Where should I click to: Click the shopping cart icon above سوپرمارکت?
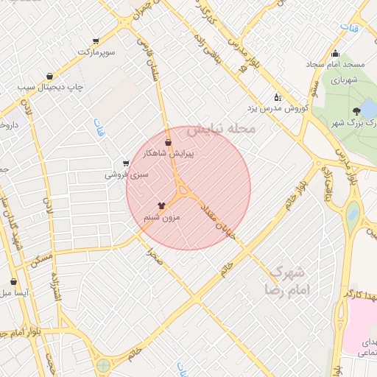pos(96,41)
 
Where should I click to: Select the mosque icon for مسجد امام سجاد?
pos(336,53)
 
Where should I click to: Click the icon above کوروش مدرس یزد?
pos(278,96)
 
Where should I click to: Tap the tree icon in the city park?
pos(357,110)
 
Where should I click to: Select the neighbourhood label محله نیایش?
pos(220,129)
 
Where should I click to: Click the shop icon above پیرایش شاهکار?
pos(168,142)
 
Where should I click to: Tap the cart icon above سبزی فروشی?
pos(126,163)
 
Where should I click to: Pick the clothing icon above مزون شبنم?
pos(161,206)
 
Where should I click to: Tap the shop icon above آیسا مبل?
pos(13,281)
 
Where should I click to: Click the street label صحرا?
pos(153,258)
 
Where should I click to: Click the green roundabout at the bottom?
pos(103,364)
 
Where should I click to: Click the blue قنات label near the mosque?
pos(345,28)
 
